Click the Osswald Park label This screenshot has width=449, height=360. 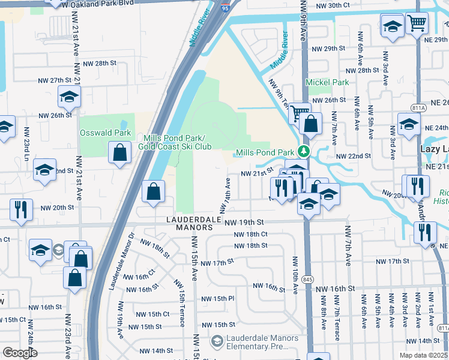click(x=97, y=132)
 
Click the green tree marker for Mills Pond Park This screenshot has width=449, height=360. click(x=304, y=152)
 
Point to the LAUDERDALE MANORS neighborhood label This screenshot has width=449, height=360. click(x=190, y=223)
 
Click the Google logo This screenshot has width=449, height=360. click(x=19, y=352)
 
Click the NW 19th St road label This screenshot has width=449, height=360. click(x=245, y=222)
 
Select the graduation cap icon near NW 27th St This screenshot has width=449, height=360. click(x=69, y=96)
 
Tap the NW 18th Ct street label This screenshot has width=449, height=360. click(x=250, y=234)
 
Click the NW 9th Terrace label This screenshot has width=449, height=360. click(x=278, y=94)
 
